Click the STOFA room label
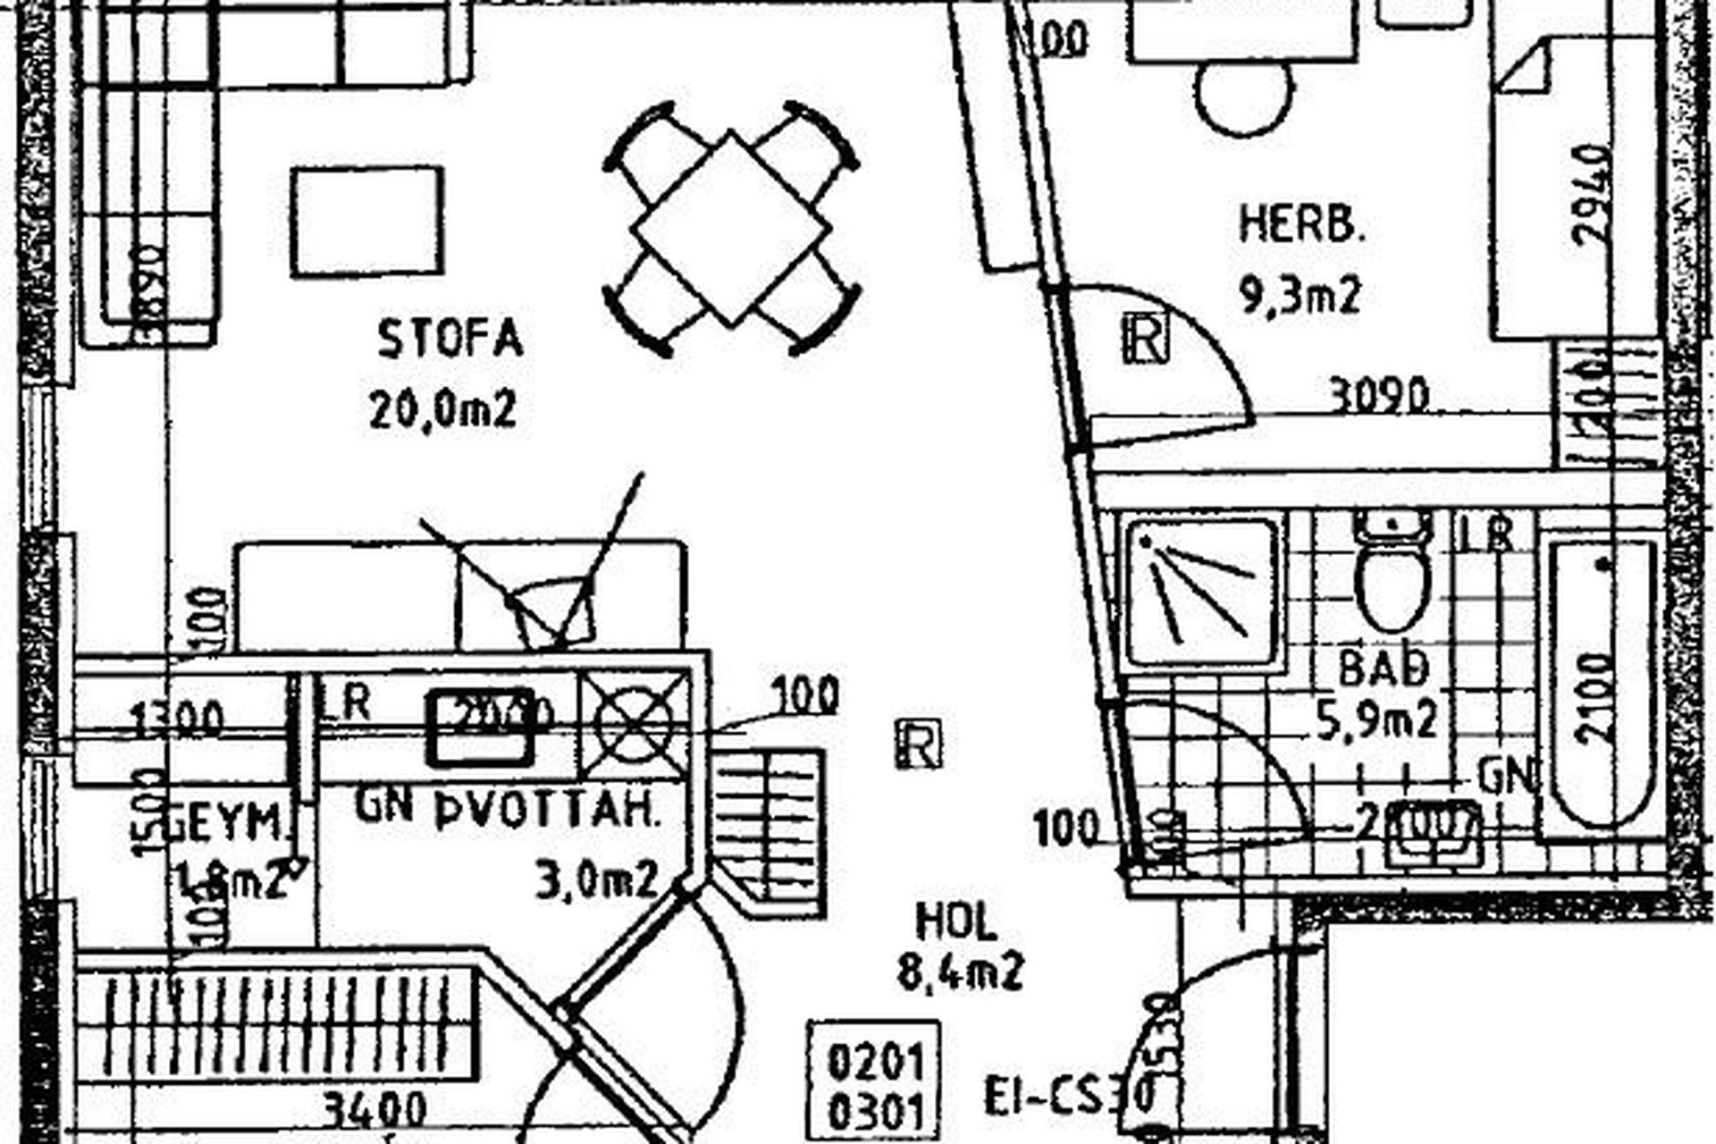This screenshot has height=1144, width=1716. pos(450,339)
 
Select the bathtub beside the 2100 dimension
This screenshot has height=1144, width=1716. pos(1600,684)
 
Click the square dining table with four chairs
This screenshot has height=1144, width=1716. pos(731,229)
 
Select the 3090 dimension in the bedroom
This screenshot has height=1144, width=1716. pos(1379,394)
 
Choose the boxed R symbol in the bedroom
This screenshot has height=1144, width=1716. pos(1145,338)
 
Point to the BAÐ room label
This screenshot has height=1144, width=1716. pos(1384,668)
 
